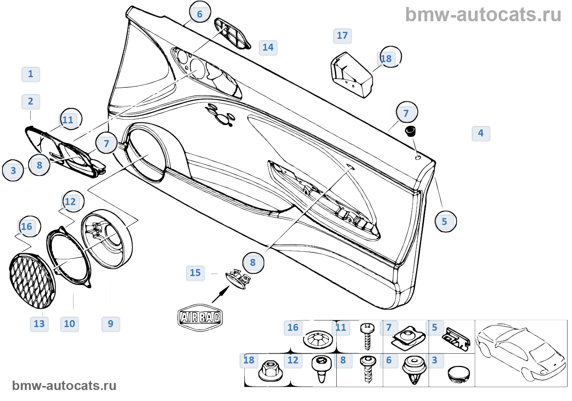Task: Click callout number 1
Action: (31, 74)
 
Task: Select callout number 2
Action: (31, 102)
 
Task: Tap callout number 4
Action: (481, 133)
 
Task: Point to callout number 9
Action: (111, 324)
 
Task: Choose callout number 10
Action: (69, 324)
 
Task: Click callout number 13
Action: (39, 324)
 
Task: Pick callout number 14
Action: (268, 47)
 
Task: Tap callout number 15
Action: (195, 273)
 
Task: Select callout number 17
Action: (342, 36)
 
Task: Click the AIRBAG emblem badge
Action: (200, 317)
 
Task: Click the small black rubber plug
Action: (410, 131)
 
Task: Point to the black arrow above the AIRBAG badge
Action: (221, 294)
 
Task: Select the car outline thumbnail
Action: (521, 353)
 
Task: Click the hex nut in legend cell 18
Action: (269, 370)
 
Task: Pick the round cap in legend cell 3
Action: (458, 374)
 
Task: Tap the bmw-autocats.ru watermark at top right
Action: (483, 15)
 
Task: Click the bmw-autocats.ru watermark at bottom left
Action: (64, 385)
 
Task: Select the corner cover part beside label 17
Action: (351, 74)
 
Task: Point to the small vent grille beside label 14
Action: (232, 33)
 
